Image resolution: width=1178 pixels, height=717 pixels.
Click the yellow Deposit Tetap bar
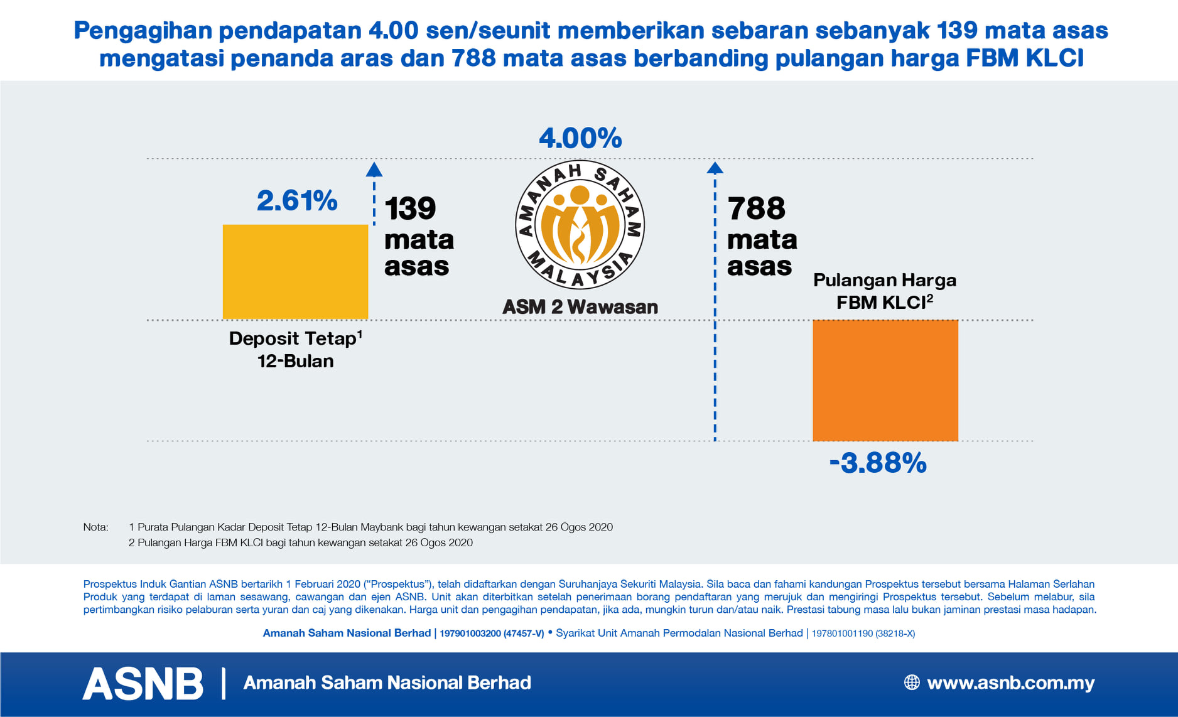pos(295,271)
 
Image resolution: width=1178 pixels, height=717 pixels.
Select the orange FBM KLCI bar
pos(885,380)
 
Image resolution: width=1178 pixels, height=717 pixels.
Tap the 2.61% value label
pos(297,201)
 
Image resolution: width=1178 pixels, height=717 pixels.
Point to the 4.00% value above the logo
pos(580,138)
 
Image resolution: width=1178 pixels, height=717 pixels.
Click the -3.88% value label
pos(878,463)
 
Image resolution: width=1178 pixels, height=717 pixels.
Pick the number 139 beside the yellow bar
pos(410,208)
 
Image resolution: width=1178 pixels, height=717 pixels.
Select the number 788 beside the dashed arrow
pos(756,208)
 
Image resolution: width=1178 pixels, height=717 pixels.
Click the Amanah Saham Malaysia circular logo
pos(580,225)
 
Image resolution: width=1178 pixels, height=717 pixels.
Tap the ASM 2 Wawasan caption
pos(580,307)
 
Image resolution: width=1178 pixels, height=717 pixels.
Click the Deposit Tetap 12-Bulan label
pos(295,350)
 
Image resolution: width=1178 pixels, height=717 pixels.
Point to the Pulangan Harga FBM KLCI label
pos(885,291)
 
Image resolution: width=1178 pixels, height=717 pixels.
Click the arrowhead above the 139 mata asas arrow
pos(374,170)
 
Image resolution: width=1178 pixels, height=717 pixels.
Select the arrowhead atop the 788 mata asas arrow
pos(715,168)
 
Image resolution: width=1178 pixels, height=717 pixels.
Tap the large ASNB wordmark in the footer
pos(143,683)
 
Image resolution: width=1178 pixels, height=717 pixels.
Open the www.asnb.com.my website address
pos(1010,682)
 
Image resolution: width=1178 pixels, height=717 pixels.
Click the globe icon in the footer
pos(912,682)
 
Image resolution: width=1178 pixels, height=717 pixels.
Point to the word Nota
pos(95,527)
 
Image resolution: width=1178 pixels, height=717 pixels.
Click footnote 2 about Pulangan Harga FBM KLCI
pos(301,543)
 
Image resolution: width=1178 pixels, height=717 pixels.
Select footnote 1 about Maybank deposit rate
pos(370,527)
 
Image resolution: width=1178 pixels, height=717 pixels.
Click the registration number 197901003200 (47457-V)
pos(492,633)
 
